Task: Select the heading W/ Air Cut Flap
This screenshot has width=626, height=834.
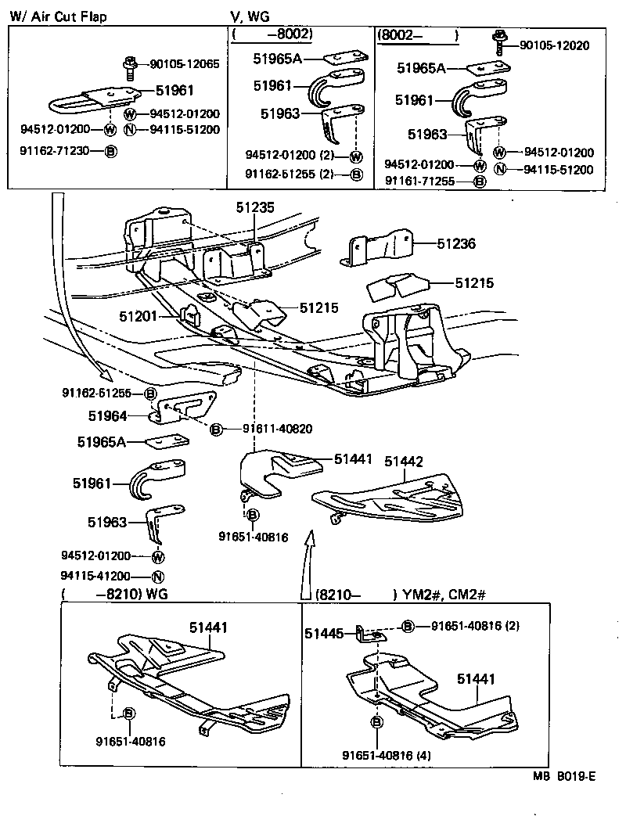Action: [59, 16]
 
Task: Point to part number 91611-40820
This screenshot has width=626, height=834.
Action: [277, 429]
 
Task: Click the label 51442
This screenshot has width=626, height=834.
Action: [405, 462]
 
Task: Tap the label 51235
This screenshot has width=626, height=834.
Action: [256, 207]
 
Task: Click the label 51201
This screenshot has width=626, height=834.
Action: [139, 316]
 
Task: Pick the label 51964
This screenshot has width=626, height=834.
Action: [107, 417]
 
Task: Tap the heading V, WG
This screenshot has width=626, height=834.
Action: [248, 16]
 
